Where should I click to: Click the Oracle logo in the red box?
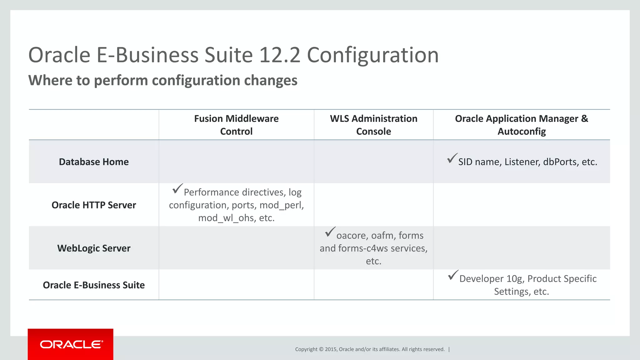pos(71,344)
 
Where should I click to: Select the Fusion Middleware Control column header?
pos(236,125)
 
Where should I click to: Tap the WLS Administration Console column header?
pos(373,125)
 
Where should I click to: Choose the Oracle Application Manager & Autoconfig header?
pos(521,125)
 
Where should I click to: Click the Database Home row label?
pos(94,162)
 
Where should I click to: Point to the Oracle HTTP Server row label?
pos(94,205)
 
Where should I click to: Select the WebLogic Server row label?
pos(94,248)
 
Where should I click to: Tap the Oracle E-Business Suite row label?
pos(94,285)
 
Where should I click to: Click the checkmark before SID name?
pos(452,158)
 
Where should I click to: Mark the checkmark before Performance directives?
pos(177,189)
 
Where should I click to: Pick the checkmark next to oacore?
pos(330,232)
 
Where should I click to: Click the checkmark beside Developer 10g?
pos(453,275)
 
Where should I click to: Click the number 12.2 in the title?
pos(279,55)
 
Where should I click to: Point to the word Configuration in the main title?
pos(373,55)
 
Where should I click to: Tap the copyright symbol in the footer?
pos(321,349)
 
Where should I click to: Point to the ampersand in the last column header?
pos(584,119)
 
